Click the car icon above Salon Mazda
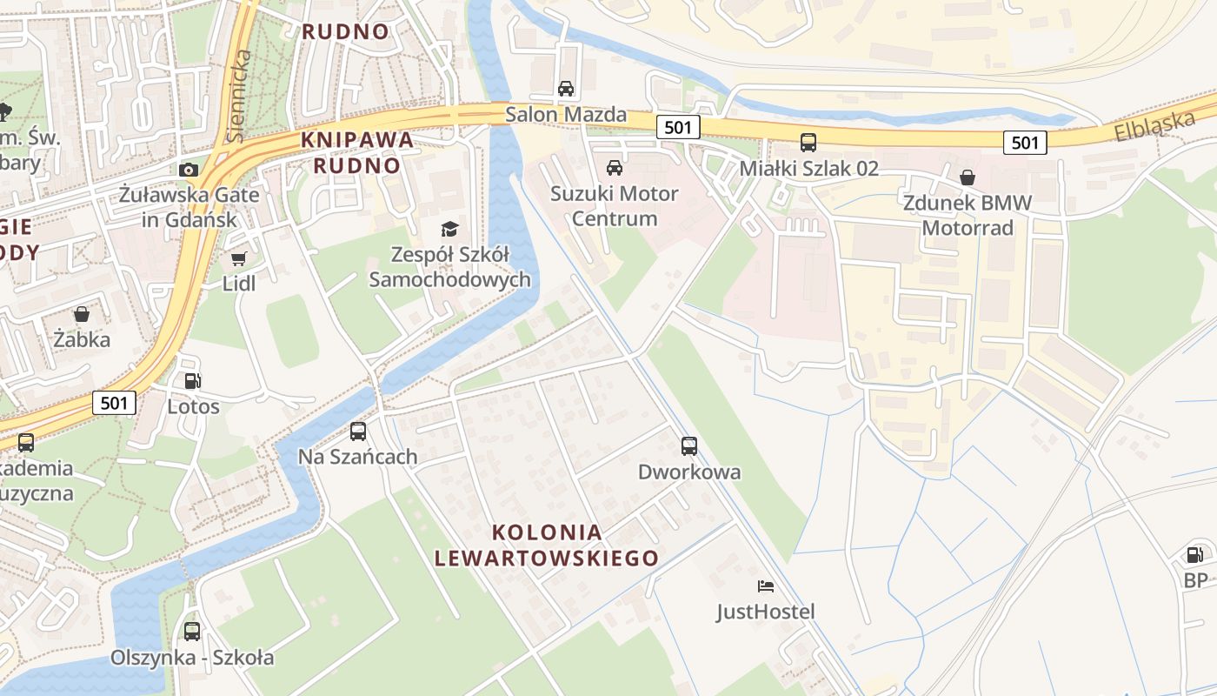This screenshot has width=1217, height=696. tap(566, 88)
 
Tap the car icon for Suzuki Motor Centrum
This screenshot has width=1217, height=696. tap(615, 167)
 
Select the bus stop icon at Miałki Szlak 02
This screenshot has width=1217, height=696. tap(808, 143)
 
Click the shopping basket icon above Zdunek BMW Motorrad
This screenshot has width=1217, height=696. tap(968, 177)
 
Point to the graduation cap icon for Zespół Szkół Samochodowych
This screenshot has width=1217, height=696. tap(449, 229)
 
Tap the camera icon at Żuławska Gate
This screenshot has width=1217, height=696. tap(189, 169)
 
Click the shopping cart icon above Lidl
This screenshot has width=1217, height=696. tap(239, 258)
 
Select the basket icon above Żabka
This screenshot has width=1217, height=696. tap(82, 313)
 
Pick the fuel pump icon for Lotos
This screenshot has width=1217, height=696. tap(193, 380)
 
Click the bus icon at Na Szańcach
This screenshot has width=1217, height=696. tap(358, 431)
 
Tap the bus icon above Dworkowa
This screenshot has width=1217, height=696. tap(689, 446)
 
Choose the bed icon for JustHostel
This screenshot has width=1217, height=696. tap(766, 586)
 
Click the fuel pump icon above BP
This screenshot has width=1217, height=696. tap(1195, 554)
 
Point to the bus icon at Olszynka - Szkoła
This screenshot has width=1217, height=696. tap(192, 632)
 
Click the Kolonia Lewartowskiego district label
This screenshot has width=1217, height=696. tap(547, 545)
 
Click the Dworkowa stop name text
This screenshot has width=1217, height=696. tap(689, 472)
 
